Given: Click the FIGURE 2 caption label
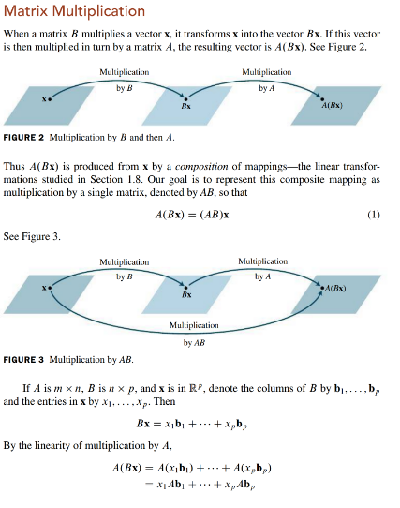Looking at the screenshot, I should pyautogui.click(x=26, y=137).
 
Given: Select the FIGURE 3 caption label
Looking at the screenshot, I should pyautogui.click(x=26, y=360).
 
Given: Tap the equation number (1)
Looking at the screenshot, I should pyautogui.click(x=374, y=214).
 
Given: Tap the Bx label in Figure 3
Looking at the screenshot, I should pyautogui.click(x=186, y=294).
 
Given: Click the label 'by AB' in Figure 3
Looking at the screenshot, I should pyautogui.click(x=194, y=342).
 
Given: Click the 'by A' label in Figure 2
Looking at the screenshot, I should pyautogui.click(x=265, y=87).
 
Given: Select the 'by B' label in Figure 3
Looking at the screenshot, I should pyautogui.click(x=125, y=276).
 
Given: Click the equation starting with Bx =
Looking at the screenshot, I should pyautogui.click(x=199, y=424).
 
